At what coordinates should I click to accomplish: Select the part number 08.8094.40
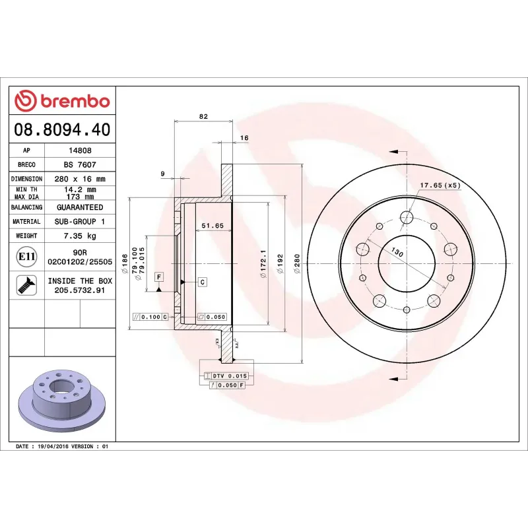pos(62,129)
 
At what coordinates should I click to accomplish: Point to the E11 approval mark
pos(26,256)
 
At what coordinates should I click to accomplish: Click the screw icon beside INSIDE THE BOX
pos(26,285)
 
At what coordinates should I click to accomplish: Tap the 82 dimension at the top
pos(203,117)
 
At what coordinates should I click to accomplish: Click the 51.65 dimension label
pos(213,226)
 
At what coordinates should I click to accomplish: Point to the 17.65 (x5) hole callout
pos(440,185)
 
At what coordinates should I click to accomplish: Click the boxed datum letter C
pos(203,282)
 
